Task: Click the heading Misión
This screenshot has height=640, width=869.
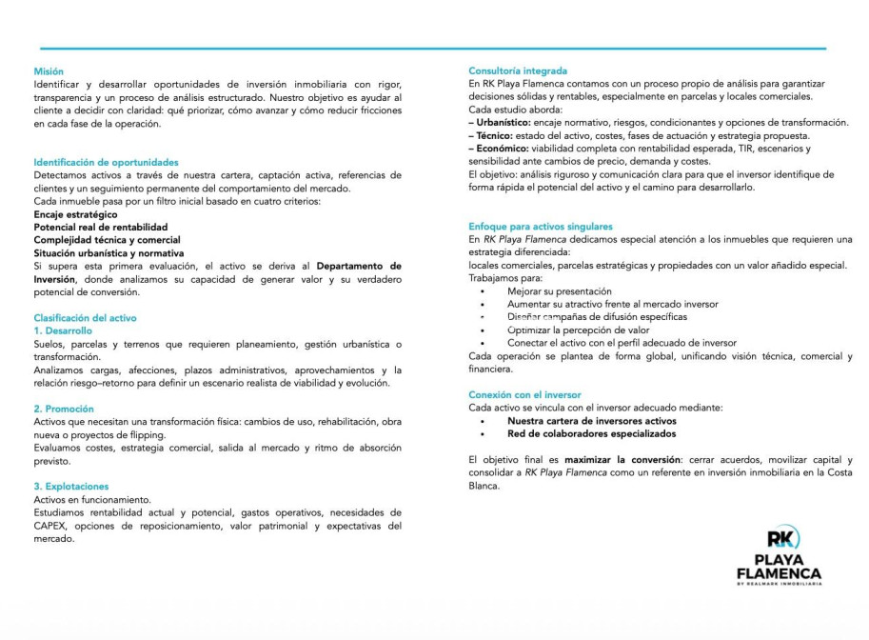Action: click(49, 71)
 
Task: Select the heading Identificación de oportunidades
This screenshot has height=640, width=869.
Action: click(106, 163)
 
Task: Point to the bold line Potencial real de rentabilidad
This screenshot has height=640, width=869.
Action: click(100, 228)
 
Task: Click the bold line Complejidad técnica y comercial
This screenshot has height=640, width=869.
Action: click(107, 240)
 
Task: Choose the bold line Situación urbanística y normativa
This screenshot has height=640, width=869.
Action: click(109, 253)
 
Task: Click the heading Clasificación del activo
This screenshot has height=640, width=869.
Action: click(85, 318)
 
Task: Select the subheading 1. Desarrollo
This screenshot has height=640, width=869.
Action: click(63, 330)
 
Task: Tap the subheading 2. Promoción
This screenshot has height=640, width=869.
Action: click(63, 409)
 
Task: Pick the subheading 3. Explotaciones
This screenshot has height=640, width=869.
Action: click(71, 487)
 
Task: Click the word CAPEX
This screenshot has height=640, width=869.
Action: click(50, 526)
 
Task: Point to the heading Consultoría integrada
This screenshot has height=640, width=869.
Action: click(518, 71)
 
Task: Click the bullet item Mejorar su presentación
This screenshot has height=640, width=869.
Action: click(559, 291)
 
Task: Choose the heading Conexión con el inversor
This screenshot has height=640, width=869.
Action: click(524, 394)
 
